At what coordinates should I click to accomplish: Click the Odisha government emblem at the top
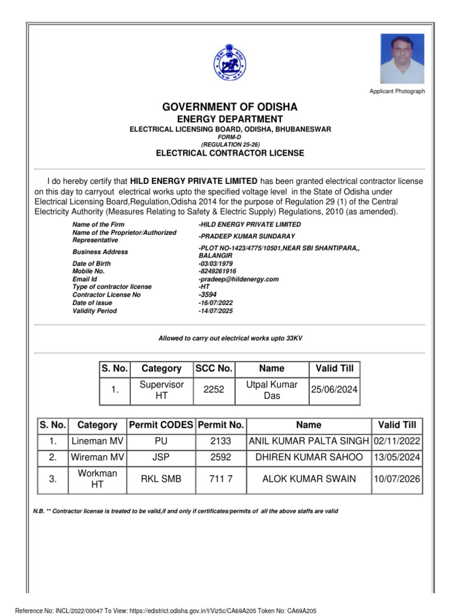click(230, 62)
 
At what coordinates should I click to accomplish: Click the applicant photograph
click(402, 58)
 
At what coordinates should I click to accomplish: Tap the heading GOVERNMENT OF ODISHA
click(230, 107)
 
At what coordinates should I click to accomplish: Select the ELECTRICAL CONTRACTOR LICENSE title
click(230, 153)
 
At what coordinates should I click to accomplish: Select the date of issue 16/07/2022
click(215, 303)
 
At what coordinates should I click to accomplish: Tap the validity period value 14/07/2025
click(215, 311)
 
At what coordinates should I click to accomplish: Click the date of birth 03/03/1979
click(215, 264)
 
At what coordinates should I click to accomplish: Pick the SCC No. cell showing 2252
click(214, 390)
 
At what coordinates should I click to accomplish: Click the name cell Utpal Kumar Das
click(272, 390)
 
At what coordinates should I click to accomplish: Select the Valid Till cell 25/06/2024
click(334, 390)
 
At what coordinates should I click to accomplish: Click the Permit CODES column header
click(161, 425)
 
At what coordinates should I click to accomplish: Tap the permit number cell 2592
click(220, 457)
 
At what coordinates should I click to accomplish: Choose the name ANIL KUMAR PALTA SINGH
click(309, 441)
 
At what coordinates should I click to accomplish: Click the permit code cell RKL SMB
click(161, 479)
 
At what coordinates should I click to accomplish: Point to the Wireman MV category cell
click(97, 457)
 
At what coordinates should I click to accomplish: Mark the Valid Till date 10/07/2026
click(397, 479)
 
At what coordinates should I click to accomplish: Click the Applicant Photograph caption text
click(397, 91)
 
